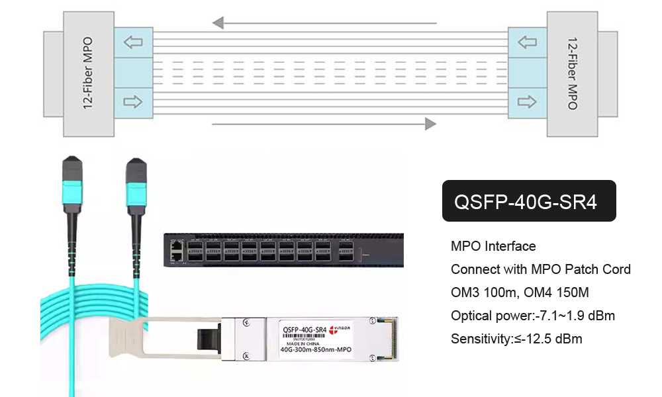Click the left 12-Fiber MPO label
88,73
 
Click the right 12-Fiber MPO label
573,73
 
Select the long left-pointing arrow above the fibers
324,24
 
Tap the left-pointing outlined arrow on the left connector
133,43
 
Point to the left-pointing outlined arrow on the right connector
527,43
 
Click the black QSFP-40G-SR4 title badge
528,201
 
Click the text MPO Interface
493,247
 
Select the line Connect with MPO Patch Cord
540,269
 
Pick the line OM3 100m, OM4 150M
520,292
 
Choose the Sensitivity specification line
516,339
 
